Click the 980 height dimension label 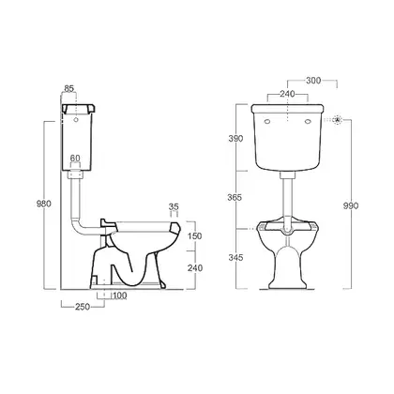44,204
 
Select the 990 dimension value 351,206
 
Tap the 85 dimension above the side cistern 68,88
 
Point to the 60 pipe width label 75,159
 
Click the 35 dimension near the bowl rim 174,206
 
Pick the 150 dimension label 195,235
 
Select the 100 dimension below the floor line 119,295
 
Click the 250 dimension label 83,307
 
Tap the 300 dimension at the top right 313,81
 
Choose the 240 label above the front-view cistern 287,94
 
